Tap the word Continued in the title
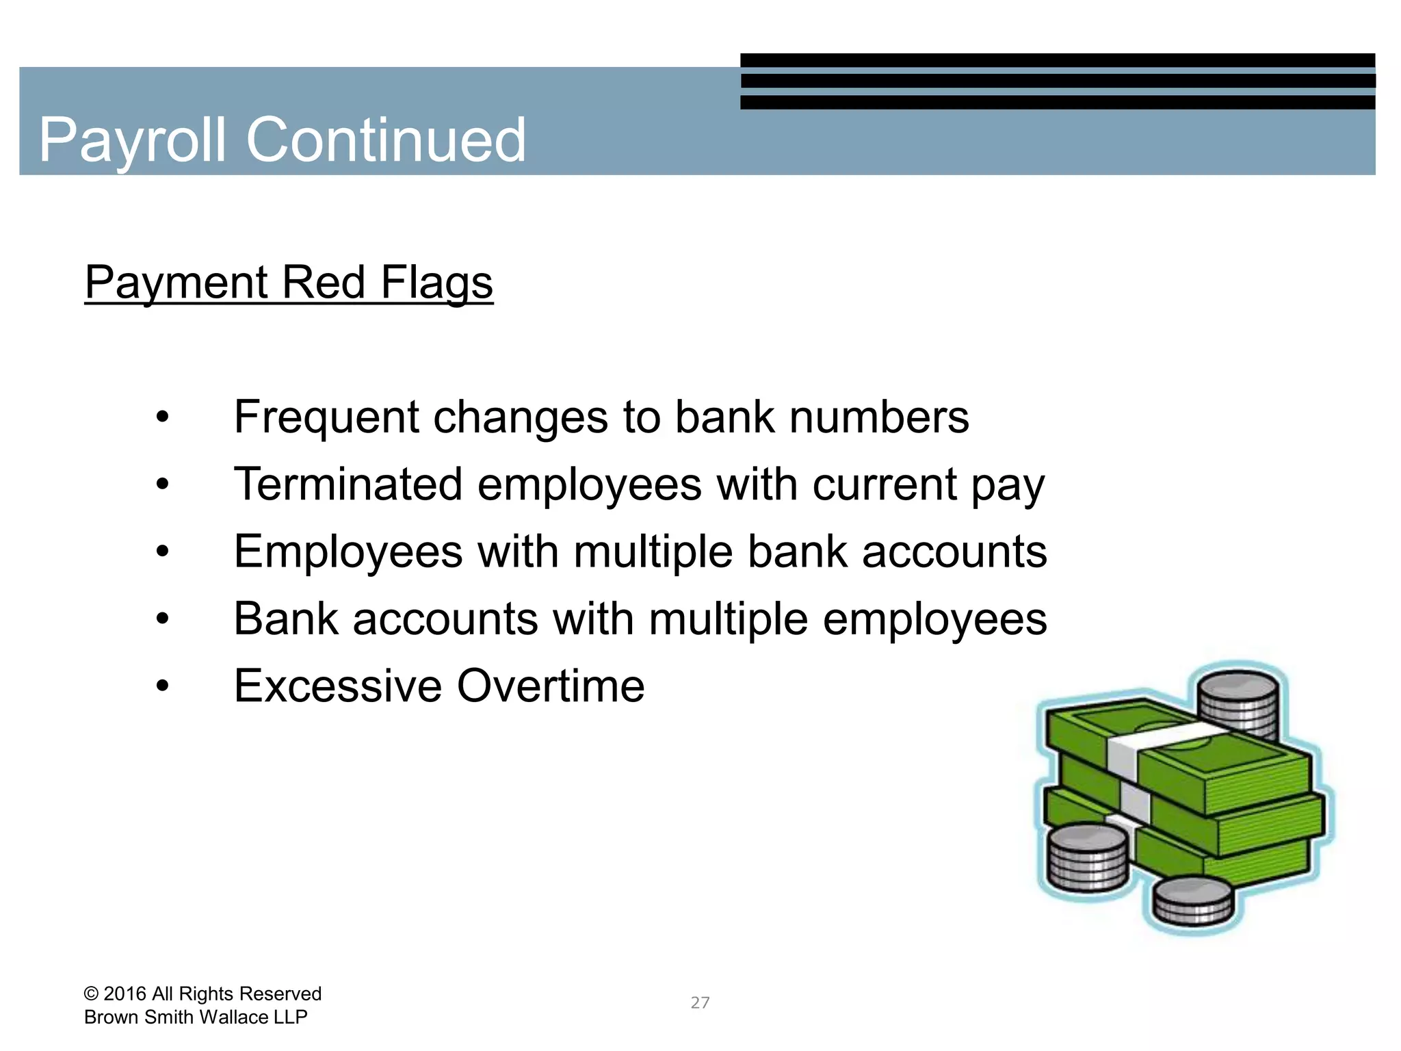point(386,140)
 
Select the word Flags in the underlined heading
point(436,283)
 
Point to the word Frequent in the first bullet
point(326,417)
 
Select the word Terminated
point(348,484)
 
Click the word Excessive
point(338,686)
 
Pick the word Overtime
point(551,686)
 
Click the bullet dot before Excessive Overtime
point(162,686)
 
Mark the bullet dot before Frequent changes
point(162,417)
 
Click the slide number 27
point(700,1003)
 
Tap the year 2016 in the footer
point(125,994)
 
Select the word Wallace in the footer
point(234,1017)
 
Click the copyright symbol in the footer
point(91,994)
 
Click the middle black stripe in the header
point(1057,81)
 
